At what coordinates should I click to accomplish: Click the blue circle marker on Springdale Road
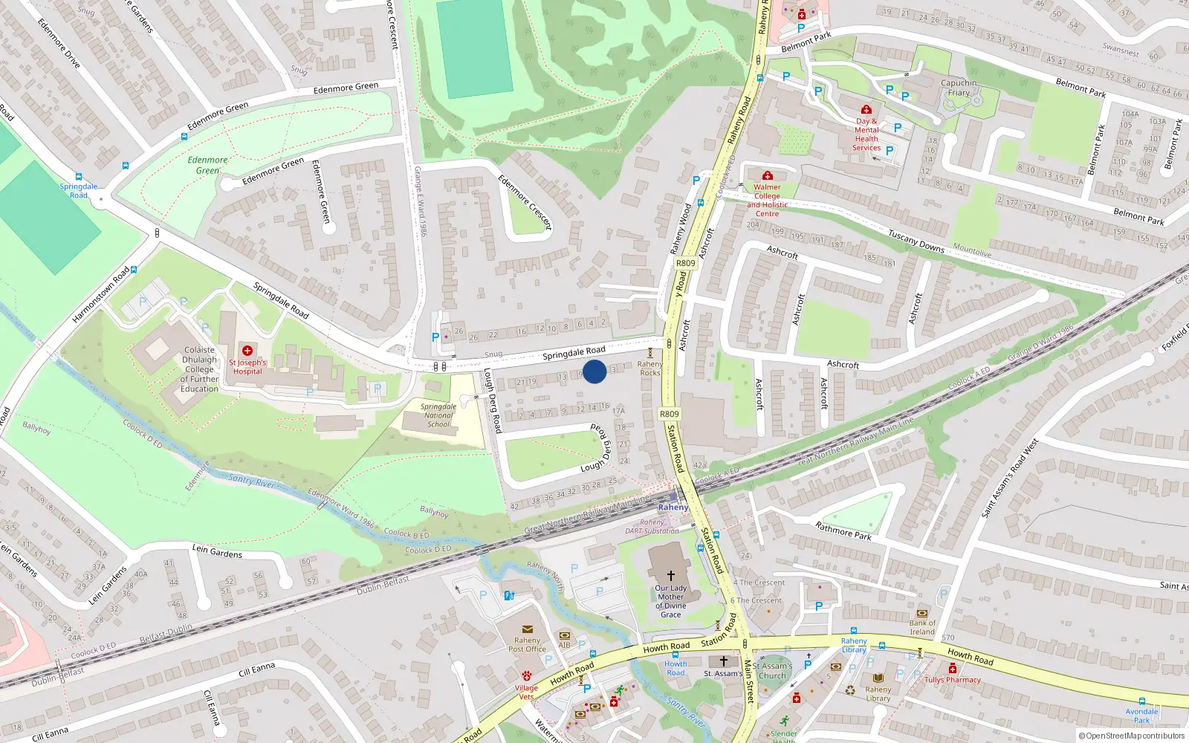(x=594, y=371)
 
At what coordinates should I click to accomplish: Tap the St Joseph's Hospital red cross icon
(x=247, y=351)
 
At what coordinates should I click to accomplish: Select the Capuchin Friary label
(x=959, y=88)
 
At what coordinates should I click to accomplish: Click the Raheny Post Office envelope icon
(x=528, y=629)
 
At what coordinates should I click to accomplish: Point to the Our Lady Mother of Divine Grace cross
(x=670, y=576)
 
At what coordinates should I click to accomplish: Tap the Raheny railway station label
(x=673, y=507)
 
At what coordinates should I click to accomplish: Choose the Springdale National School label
(x=438, y=415)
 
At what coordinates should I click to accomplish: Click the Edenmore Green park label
(x=207, y=165)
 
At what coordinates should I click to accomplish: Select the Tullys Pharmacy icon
(x=953, y=669)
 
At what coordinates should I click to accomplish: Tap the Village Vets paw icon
(x=526, y=676)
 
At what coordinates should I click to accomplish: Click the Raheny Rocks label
(x=650, y=369)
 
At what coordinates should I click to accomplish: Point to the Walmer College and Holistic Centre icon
(x=768, y=176)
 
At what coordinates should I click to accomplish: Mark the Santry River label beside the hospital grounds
(x=251, y=481)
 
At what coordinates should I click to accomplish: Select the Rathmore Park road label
(x=843, y=531)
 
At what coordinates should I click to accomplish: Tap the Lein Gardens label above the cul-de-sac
(x=217, y=551)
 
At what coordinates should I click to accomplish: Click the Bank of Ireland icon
(x=922, y=613)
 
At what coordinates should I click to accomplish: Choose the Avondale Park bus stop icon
(x=1142, y=701)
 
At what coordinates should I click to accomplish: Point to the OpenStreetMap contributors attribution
(x=1131, y=736)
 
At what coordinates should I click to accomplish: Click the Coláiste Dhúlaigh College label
(x=199, y=369)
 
